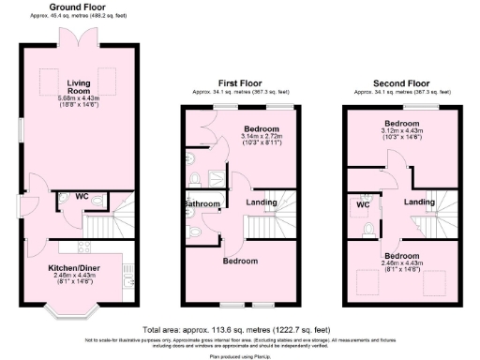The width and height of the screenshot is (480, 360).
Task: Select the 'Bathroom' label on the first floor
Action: (202, 203)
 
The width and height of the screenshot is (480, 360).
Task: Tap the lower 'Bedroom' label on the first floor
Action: (239, 261)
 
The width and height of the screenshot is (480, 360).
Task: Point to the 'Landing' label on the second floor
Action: (418, 202)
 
